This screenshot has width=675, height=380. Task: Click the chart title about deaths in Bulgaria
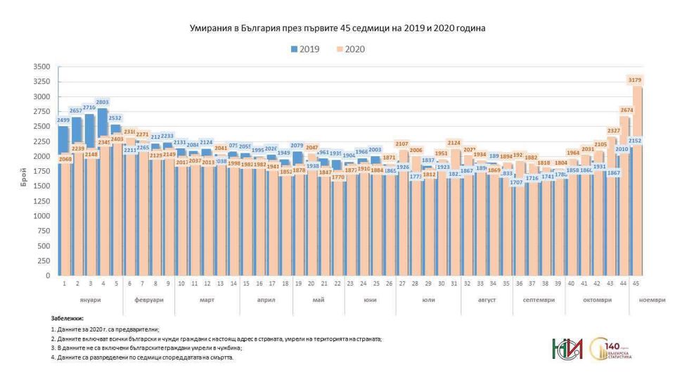(x=337, y=28)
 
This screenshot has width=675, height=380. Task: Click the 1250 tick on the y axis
(x=41, y=201)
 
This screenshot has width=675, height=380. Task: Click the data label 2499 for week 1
(x=64, y=121)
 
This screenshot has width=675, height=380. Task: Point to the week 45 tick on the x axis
(x=637, y=284)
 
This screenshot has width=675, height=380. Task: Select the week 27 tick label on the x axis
(x=403, y=284)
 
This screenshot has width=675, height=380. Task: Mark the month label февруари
(x=148, y=300)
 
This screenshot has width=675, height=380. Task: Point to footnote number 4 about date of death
(x=142, y=357)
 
